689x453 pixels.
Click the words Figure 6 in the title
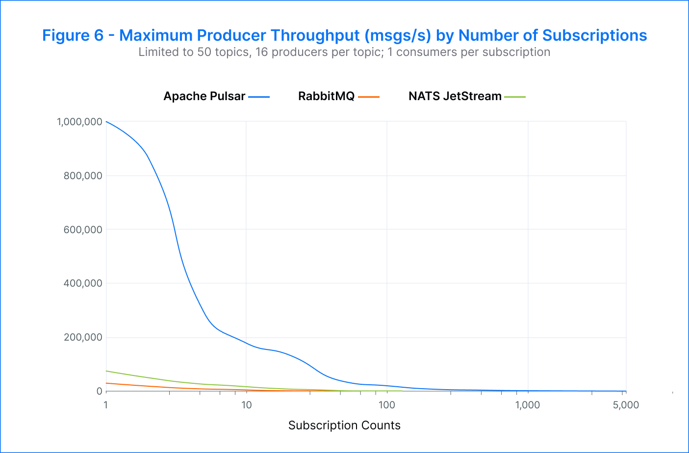73,35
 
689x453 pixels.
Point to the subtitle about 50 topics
344,52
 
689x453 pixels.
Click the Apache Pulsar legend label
204,96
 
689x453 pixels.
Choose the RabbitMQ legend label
326,96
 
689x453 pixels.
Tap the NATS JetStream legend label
455,96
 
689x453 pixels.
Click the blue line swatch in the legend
259,97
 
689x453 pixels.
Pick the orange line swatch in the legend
369,97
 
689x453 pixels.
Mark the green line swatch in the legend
515,97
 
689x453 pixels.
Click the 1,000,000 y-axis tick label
79,122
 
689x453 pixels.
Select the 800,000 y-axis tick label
83,176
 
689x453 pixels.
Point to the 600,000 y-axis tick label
83,230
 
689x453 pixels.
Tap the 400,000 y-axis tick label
83,283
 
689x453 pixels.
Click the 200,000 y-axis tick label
83,337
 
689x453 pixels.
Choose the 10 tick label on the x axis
246,405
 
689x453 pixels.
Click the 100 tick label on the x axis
387,405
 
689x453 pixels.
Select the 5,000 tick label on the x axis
626,405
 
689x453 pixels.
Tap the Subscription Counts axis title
344,426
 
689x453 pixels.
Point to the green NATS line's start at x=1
106,371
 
